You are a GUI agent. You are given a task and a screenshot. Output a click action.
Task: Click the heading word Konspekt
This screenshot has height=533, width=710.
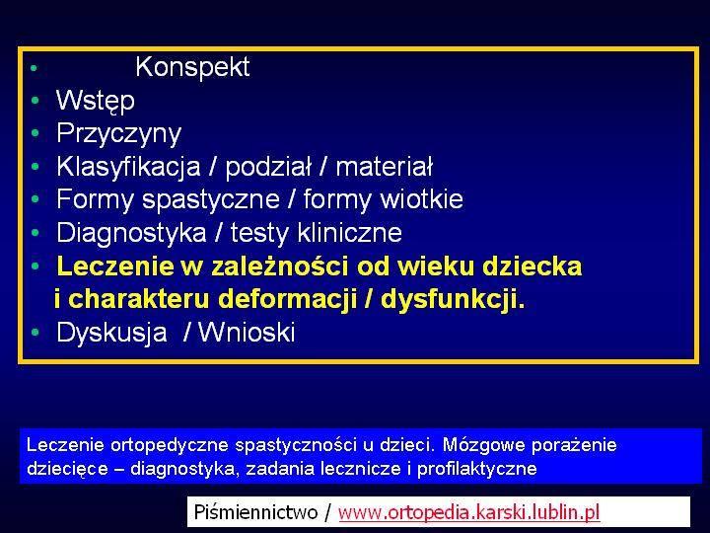[192, 67]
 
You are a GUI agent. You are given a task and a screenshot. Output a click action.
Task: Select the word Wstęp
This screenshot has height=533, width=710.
[95, 101]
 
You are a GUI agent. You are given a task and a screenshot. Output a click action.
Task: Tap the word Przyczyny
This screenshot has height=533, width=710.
[118, 134]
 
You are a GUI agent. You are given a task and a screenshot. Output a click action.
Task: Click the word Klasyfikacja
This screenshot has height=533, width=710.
[128, 167]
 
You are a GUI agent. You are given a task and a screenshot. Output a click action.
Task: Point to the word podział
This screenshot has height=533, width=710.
[268, 167]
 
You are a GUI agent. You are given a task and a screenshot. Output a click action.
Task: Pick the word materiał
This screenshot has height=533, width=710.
[384, 167]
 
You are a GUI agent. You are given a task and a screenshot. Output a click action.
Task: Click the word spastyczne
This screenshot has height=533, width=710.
[211, 199]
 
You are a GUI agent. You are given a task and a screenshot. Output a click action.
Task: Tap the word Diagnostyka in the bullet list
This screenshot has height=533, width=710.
[131, 233]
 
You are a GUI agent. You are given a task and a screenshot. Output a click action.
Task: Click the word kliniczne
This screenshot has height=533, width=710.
[349, 233]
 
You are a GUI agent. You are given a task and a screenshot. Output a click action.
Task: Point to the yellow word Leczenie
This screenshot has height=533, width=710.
[115, 266]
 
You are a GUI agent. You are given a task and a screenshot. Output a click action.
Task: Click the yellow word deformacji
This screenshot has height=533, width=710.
[288, 299]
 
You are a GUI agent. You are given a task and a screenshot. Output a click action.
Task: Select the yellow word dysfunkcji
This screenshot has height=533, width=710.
[453, 299]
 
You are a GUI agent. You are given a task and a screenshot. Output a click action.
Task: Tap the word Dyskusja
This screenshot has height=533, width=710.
[111, 333]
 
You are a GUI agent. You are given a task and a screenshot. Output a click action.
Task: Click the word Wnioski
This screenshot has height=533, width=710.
[247, 332]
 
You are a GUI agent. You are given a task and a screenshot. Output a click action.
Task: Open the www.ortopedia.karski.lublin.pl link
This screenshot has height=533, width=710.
[468, 512]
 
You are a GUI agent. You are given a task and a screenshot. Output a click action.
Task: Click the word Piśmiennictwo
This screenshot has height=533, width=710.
[255, 512]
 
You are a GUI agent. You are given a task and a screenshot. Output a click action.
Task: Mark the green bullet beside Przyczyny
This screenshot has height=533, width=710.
[35, 133]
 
